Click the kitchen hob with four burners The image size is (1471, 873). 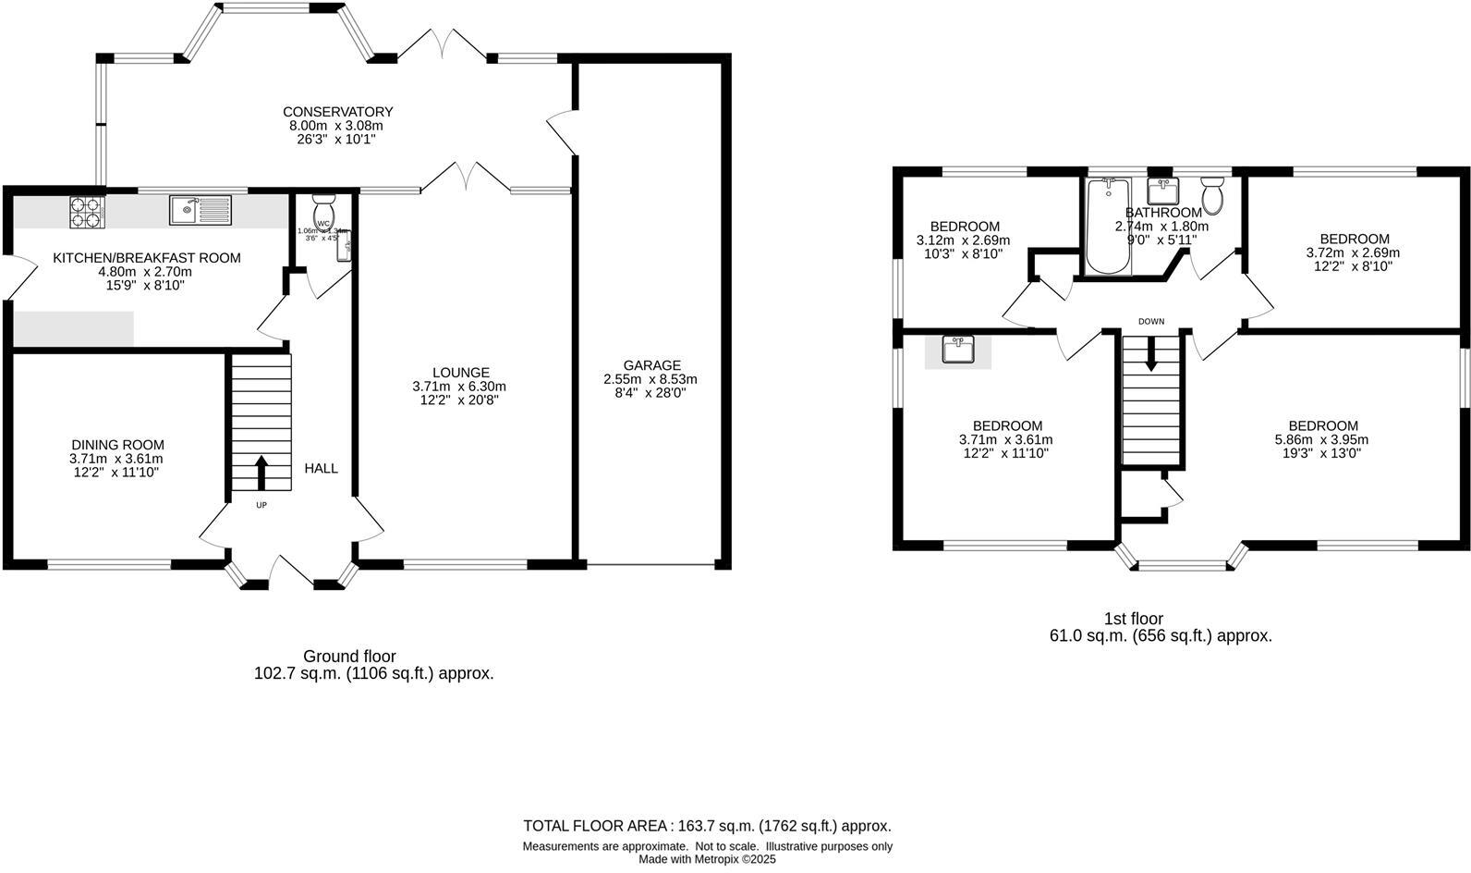(86, 214)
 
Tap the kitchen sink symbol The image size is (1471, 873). (200, 210)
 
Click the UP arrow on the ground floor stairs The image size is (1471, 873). (261, 472)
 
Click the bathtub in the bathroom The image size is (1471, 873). (1107, 227)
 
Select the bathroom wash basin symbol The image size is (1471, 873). (1161, 191)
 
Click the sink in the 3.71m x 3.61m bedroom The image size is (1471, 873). (958, 350)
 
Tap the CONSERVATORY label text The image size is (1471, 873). (337, 112)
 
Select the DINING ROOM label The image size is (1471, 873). (117, 445)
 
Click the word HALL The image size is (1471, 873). (322, 469)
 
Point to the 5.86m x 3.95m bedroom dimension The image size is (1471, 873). (1321, 439)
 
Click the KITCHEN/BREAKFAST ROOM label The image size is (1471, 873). (146, 258)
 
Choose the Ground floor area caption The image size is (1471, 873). (373, 665)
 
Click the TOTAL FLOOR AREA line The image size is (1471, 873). (707, 826)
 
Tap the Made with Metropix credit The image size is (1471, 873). (707, 859)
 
